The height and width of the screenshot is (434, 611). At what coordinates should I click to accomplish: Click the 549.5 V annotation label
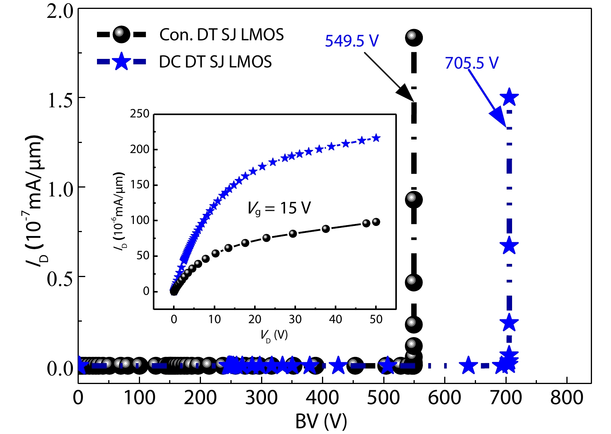pos(351,41)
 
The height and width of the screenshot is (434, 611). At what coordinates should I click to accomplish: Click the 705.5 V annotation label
pos(471,63)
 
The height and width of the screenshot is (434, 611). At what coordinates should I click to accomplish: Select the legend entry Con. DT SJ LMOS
pos(222,35)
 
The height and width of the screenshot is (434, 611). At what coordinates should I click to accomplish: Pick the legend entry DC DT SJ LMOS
pos(215,62)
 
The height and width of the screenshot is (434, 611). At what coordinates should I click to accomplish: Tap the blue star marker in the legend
pos(121,62)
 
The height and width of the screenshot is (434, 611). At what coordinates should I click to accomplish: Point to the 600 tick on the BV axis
pos(445,398)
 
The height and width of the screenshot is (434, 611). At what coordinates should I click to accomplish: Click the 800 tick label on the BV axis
pos(566,398)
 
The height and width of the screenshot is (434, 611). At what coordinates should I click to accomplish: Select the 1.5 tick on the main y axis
pos(60,100)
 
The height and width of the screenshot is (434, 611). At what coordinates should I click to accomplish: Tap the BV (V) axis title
pos(321,422)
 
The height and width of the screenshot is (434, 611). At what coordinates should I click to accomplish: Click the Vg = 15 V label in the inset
pos(279,208)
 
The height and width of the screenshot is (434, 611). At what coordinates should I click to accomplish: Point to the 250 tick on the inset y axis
pos(140,114)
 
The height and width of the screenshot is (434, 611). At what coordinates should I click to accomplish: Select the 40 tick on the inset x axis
pos(335,319)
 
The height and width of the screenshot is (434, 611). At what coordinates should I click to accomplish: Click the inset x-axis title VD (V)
pos(274,335)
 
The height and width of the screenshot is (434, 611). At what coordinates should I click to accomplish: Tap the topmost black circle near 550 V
pos(414,37)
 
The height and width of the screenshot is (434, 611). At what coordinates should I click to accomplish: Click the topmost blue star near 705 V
pos(509,97)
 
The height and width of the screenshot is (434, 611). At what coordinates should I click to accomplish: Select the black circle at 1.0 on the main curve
pos(414,200)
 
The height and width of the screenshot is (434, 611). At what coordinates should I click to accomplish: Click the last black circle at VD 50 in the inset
pos(376,222)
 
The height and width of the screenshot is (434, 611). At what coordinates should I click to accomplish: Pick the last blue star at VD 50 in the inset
pos(376,138)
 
